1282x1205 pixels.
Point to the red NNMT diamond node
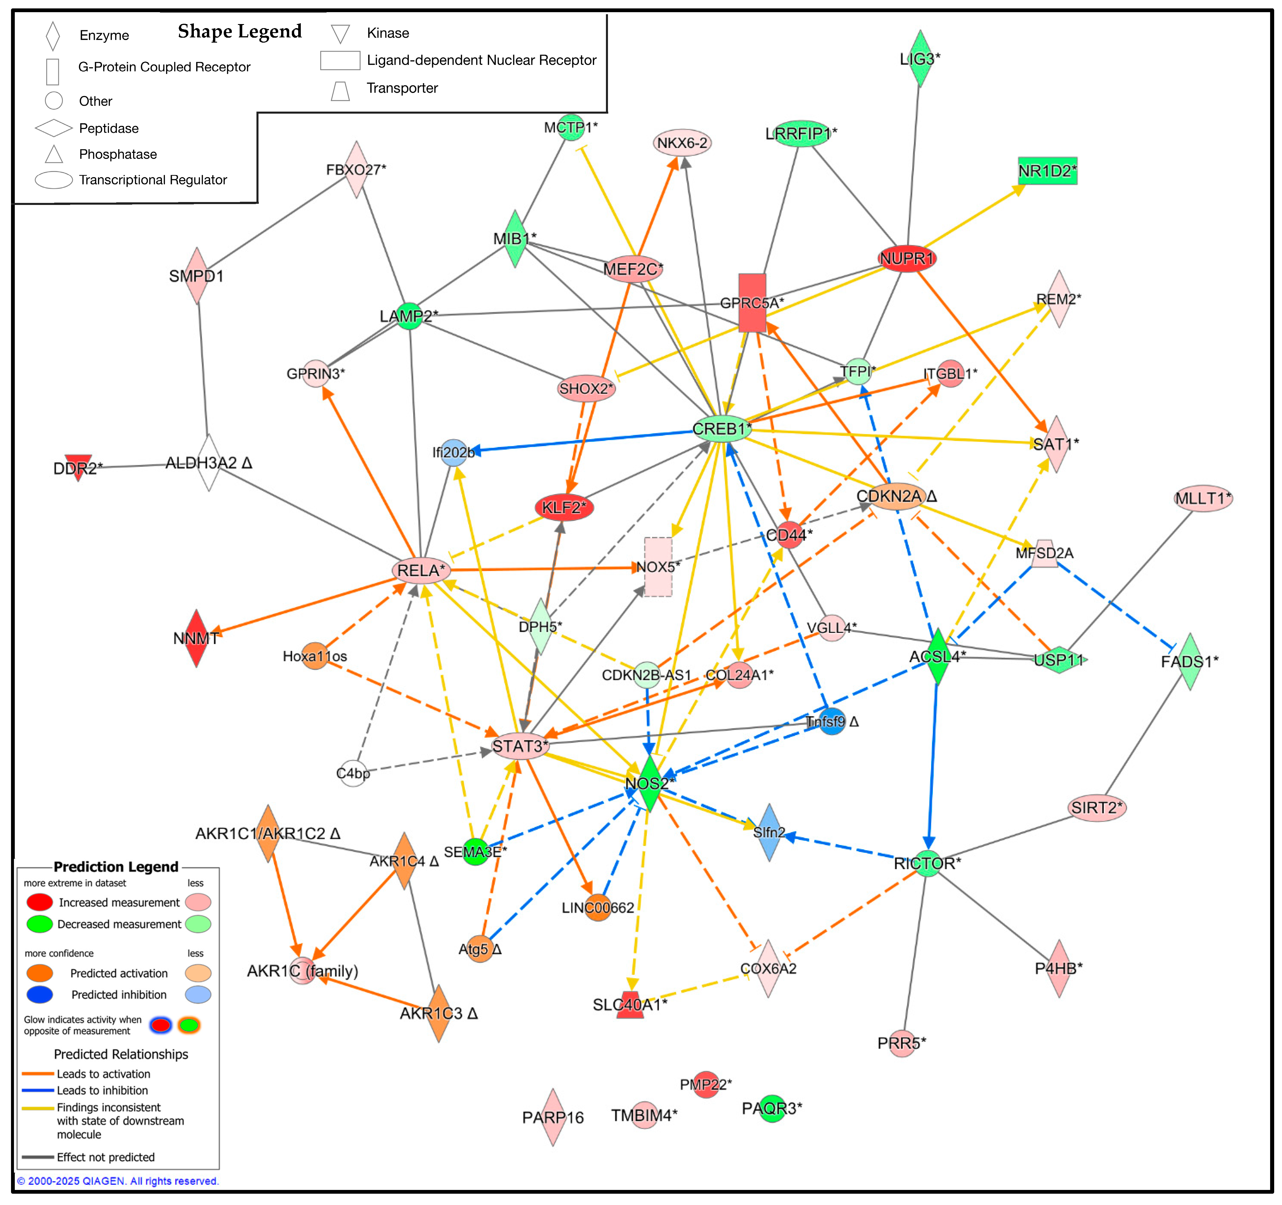(196, 638)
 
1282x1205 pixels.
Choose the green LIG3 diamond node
(920, 59)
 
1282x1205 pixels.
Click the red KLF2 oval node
(564, 508)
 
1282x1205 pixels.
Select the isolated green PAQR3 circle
(772, 1108)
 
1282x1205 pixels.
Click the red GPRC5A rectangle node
(752, 303)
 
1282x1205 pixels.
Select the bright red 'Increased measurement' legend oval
(39, 902)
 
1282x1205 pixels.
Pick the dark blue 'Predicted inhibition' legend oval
(39, 994)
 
